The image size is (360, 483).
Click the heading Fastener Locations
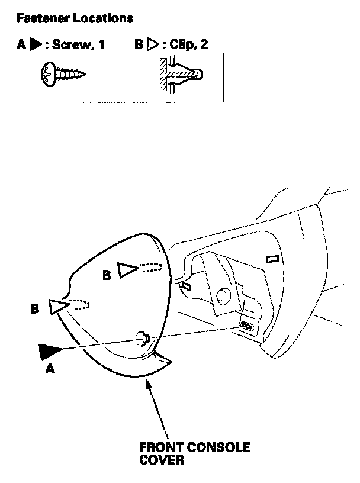[x=75, y=18]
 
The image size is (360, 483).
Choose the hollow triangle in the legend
[x=151, y=46]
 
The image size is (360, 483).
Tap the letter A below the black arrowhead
[x=50, y=369]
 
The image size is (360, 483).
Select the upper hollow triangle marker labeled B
[x=127, y=271]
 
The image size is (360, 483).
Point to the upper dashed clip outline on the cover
[x=150, y=267]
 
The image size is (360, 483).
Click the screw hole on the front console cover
[x=143, y=339]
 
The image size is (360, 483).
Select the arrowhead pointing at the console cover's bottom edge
[x=146, y=382]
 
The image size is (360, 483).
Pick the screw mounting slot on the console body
[x=247, y=327]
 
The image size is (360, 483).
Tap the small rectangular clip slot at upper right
[x=272, y=259]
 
